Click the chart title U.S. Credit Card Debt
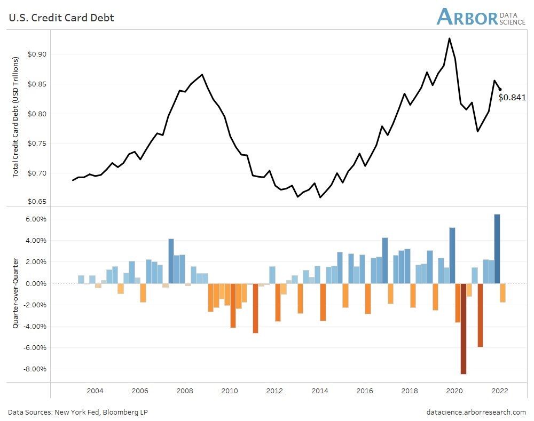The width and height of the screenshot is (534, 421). (61, 18)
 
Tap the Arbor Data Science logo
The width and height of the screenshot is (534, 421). (481, 17)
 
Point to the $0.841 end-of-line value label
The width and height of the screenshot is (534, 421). (512, 98)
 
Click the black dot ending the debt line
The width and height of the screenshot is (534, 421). (500, 90)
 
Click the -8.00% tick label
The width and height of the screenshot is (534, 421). (35, 369)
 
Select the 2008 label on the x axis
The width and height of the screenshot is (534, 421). (185, 391)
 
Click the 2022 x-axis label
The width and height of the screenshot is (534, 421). (500, 391)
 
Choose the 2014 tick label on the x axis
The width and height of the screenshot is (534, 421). (320, 391)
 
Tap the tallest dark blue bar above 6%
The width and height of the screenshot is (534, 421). (497, 249)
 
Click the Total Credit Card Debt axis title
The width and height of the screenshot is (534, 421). (16, 117)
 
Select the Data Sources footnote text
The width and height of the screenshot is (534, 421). (78, 412)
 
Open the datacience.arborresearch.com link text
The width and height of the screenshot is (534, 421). (476, 412)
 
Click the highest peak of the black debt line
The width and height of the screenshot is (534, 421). (450, 38)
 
